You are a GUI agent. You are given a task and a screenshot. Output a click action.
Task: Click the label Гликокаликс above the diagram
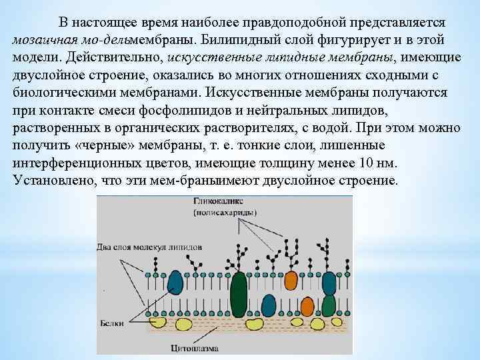(219, 201)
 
